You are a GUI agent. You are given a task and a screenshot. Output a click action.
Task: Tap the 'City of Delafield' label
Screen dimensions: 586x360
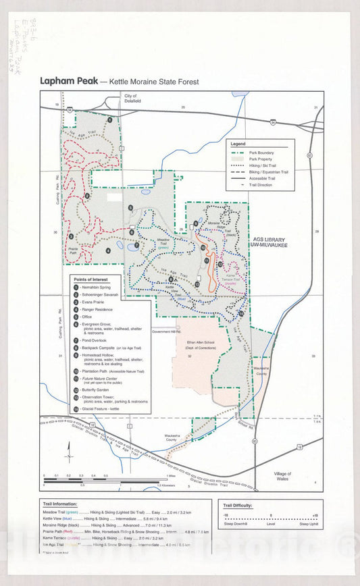(x=130, y=99)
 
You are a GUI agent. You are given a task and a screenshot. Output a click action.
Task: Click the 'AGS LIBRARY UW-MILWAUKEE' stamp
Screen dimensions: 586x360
(x=270, y=242)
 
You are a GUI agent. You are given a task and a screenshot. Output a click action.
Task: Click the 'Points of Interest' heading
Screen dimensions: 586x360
(x=89, y=279)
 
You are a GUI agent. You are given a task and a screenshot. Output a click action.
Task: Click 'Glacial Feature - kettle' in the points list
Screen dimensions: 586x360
(x=105, y=409)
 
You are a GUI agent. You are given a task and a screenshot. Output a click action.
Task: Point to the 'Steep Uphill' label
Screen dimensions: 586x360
(x=309, y=523)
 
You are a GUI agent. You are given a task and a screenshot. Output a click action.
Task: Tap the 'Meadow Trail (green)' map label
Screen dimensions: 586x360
(x=163, y=243)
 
